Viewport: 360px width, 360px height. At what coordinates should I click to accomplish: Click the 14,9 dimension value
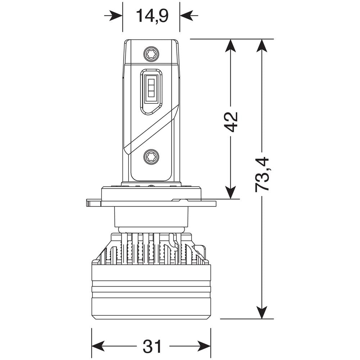152,16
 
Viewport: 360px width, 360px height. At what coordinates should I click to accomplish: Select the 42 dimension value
231,122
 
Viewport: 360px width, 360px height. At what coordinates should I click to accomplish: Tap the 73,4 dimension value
262,174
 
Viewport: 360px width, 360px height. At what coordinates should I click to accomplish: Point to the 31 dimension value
152,347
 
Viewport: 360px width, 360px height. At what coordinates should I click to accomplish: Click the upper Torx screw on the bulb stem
151,54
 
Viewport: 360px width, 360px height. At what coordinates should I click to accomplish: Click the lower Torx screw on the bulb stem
151,157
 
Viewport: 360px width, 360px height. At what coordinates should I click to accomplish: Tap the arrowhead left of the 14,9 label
116,15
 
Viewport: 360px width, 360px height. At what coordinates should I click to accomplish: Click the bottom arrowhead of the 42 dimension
230,192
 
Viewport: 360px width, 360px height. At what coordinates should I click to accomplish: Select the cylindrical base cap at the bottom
151,292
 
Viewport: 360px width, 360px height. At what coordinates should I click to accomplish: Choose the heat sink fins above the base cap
151,248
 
